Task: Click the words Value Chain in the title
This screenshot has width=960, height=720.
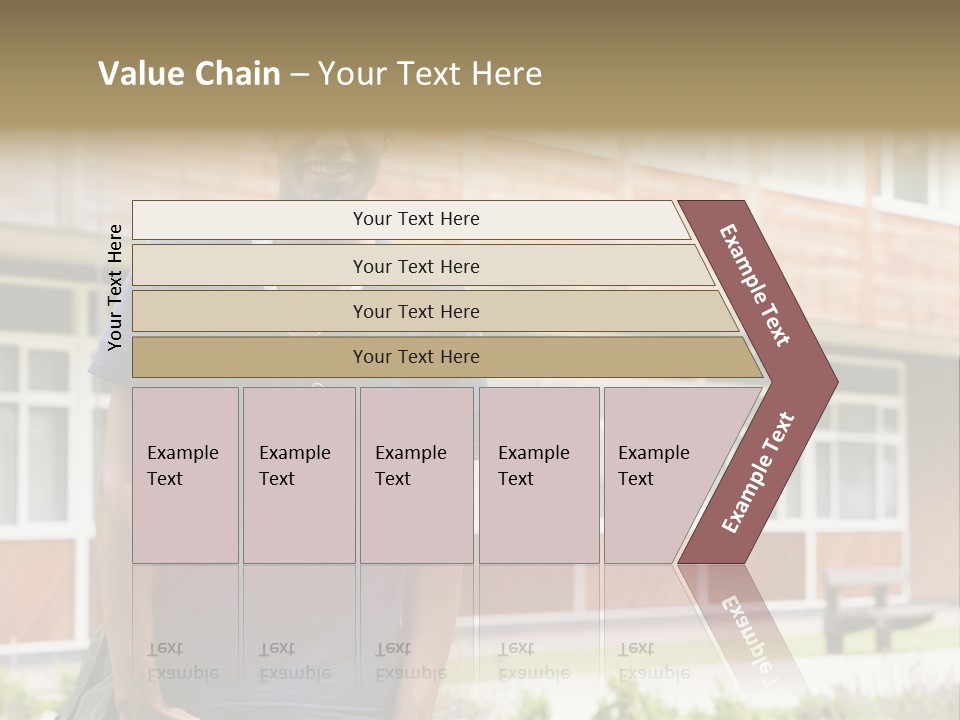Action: pyautogui.click(x=189, y=74)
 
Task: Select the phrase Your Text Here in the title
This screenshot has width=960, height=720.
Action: pyautogui.click(x=430, y=74)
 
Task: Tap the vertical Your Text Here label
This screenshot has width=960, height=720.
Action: pyautogui.click(x=115, y=287)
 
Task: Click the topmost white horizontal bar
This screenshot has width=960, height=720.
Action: pyautogui.click(x=410, y=219)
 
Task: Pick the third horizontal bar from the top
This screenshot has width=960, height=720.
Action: pyautogui.click(x=430, y=311)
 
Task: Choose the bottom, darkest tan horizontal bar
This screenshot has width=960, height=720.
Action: pyautogui.click(x=440, y=356)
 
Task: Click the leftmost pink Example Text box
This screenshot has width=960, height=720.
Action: pyautogui.click(x=185, y=474)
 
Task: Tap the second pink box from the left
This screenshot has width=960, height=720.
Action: pyautogui.click(x=298, y=474)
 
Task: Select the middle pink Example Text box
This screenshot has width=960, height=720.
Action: pyautogui.click(x=416, y=474)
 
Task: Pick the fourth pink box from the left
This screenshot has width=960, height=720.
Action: pyautogui.click(x=538, y=474)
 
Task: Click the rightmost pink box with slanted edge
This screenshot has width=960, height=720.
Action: pyautogui.click(x=660, y=474)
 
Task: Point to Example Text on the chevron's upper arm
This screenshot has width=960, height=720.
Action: pyautogui.click(x=755, y=285)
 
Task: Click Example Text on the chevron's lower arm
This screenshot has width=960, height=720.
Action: pyautogui.click(x=758, y=473)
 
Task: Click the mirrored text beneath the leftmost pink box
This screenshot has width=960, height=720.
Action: pyautogui.click(x=182, y=661)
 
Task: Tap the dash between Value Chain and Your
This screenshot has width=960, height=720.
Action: pyautogui.click(x=299, y=74)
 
